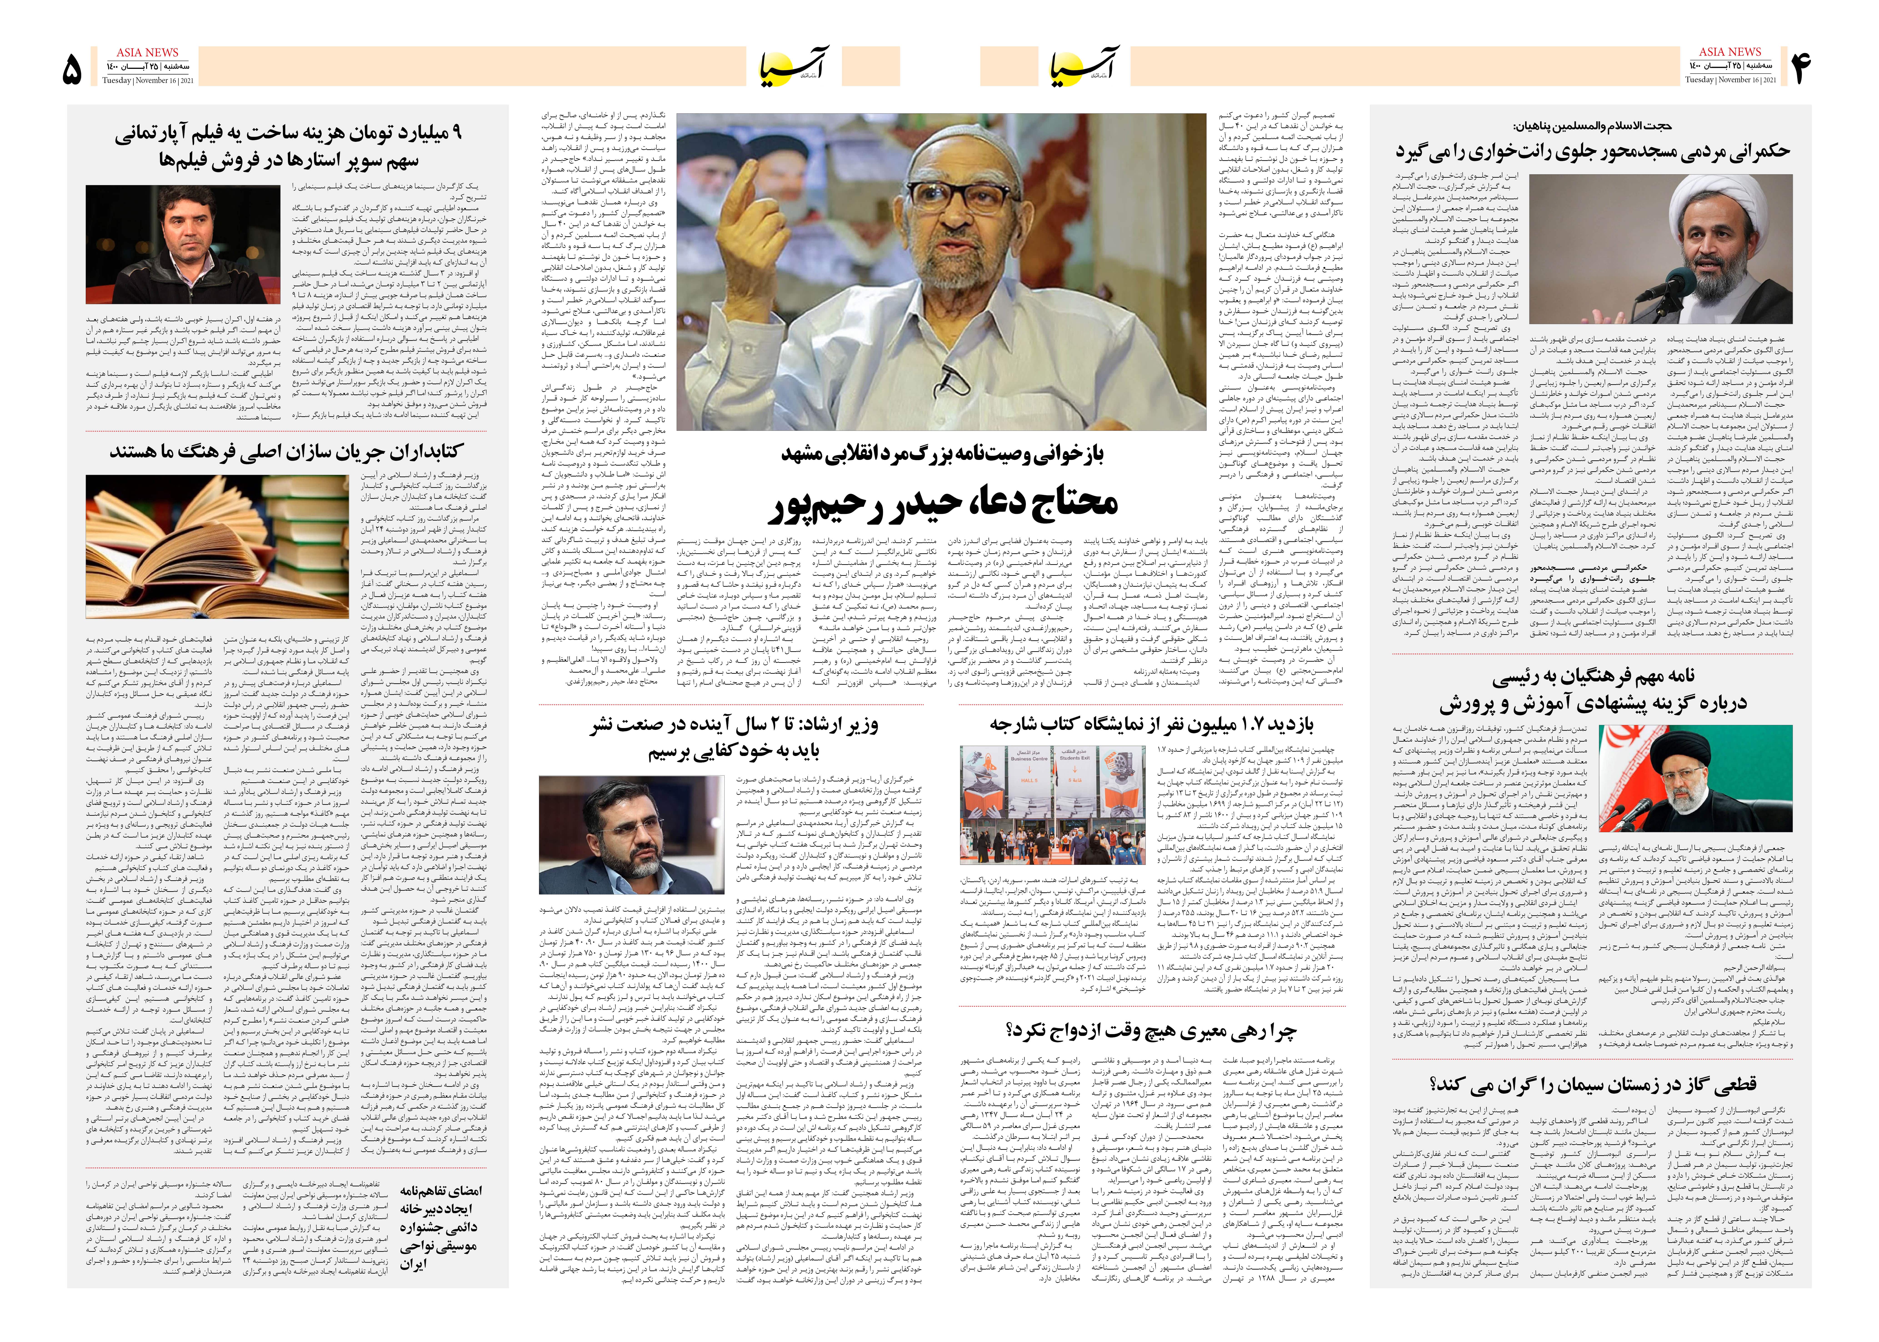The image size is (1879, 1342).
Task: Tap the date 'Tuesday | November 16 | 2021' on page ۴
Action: (1730, 80)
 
